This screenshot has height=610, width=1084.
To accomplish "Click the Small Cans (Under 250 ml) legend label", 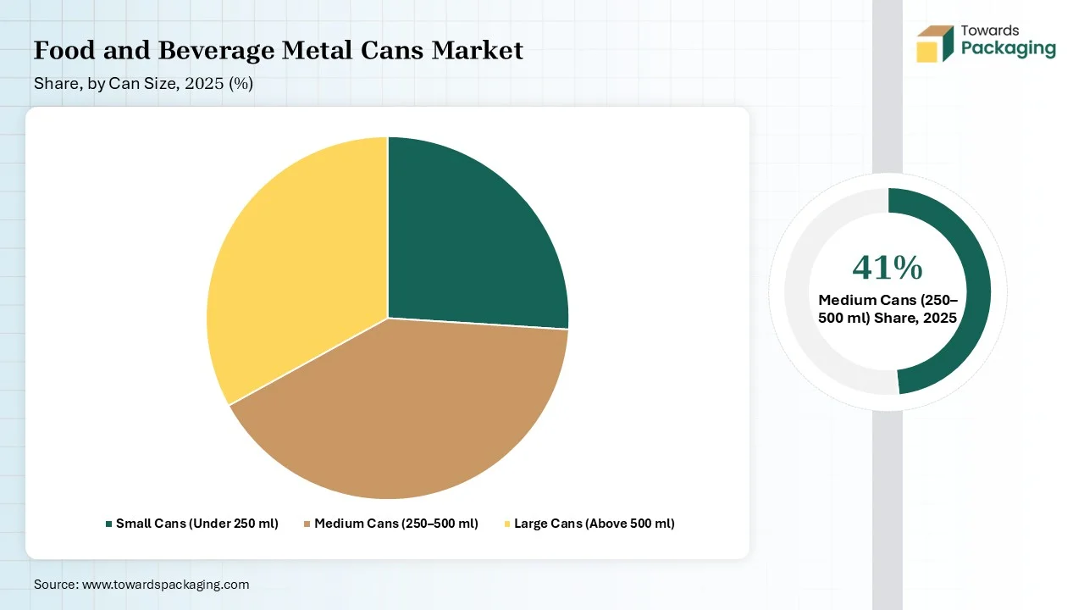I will [x=197, y=524].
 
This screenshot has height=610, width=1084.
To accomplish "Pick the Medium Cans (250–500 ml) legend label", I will [x=396, y=524].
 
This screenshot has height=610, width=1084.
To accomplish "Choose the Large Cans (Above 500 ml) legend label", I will [x=595, y=524].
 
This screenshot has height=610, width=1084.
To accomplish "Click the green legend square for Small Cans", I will [x=108, y=524].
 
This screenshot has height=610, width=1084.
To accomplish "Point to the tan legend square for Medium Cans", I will [x=307, y=524].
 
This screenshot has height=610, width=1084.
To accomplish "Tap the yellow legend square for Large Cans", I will [x=506, y=524].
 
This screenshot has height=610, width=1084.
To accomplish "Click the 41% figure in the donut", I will [x=888, y=268].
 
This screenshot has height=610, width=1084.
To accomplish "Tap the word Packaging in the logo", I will [x=1009, y=48].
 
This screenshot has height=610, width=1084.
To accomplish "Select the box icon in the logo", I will [x=934, y=44].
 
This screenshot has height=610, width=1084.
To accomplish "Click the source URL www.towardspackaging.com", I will [x=165, y=585].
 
